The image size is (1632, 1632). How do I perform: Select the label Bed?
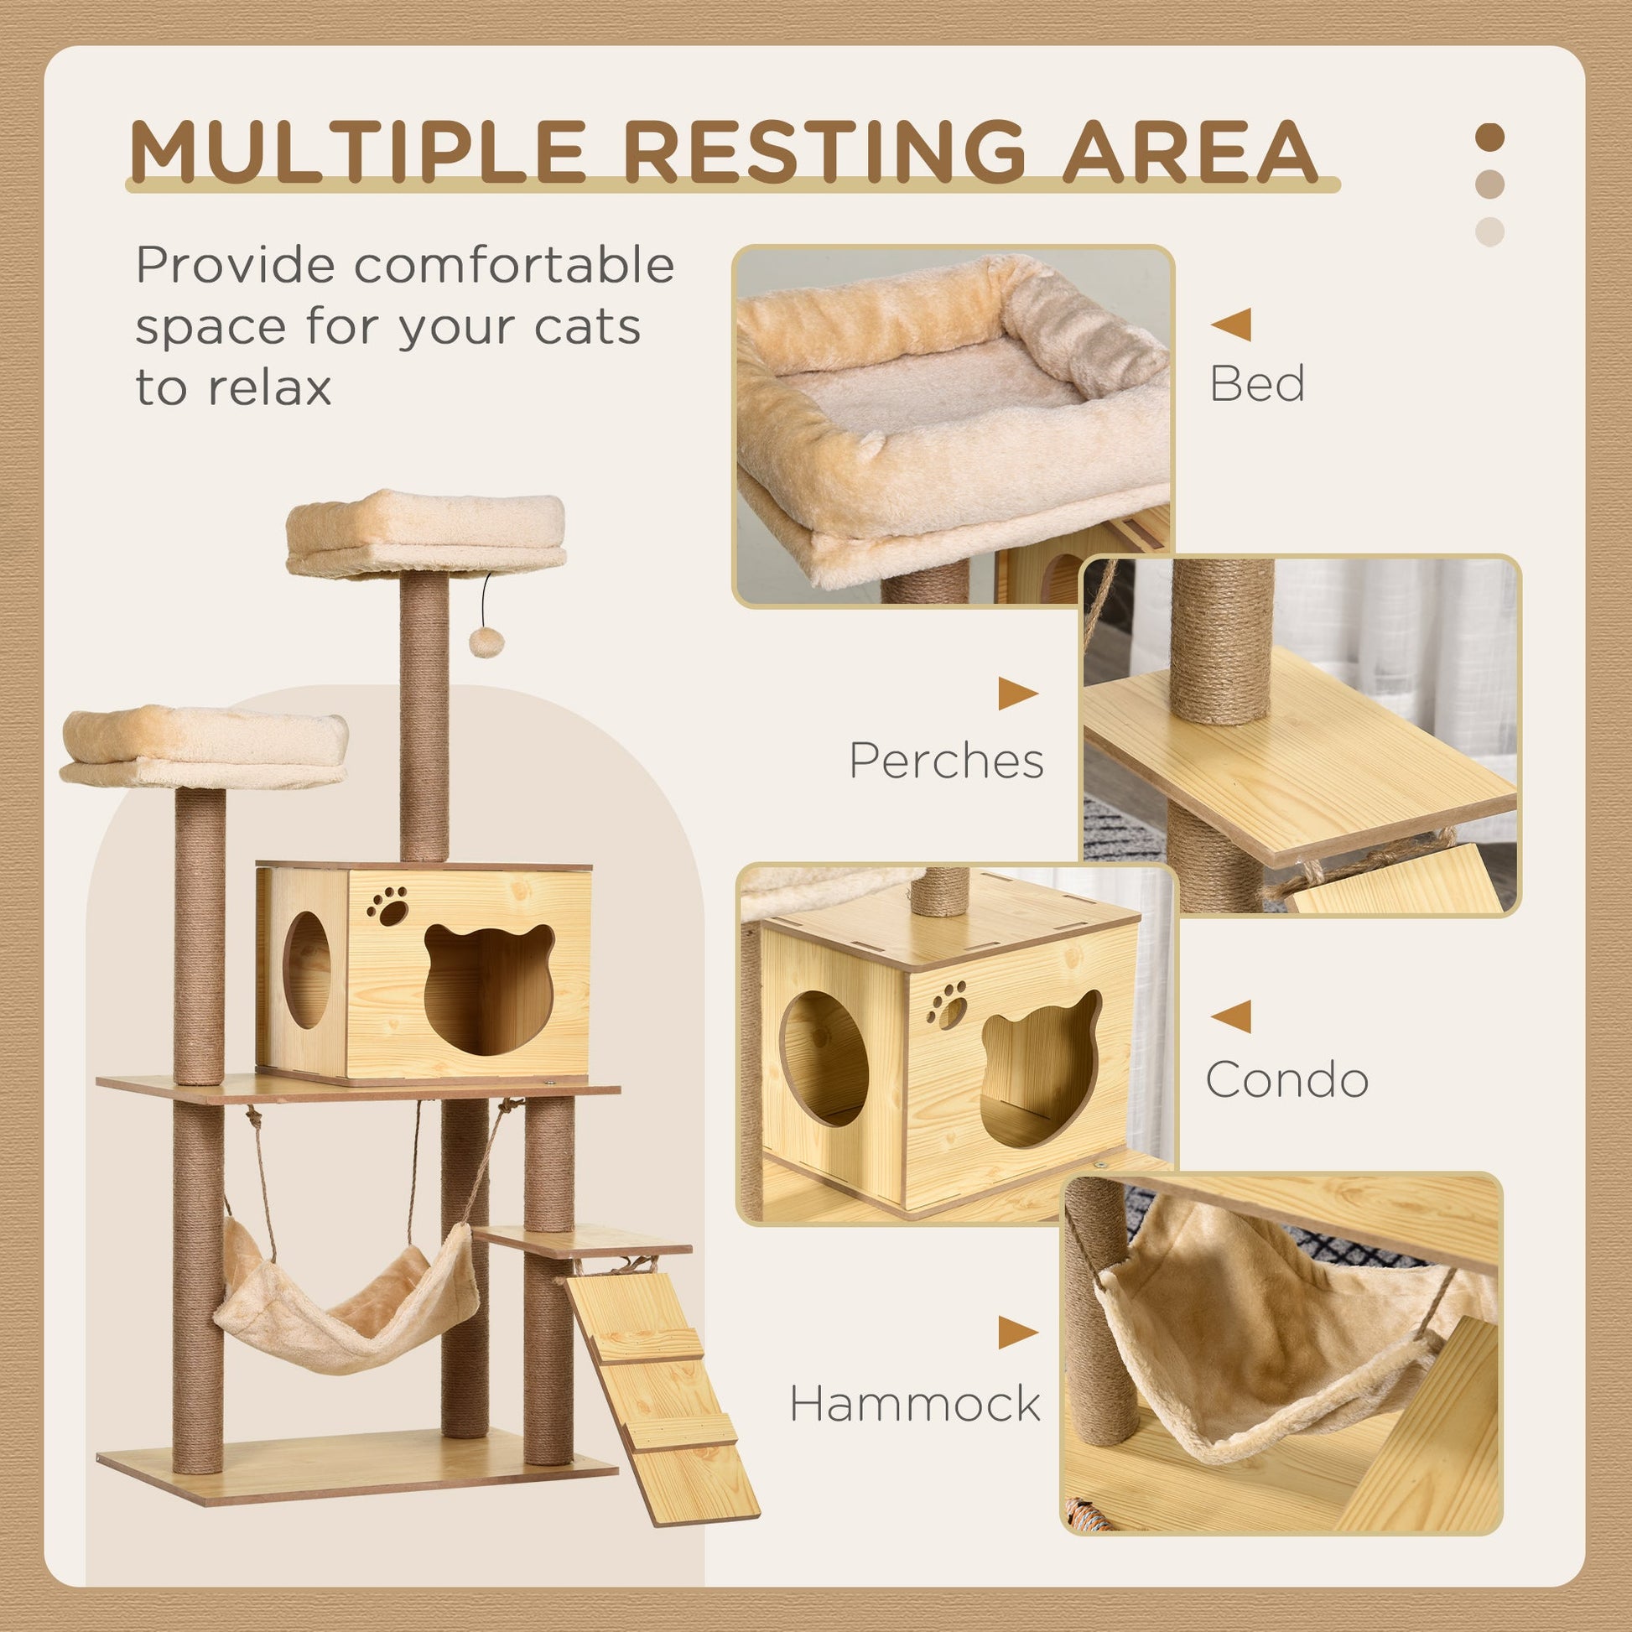pos(1256,383)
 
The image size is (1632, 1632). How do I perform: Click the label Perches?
pos(946,761)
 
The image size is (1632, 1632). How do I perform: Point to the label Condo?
pos(1286,1079)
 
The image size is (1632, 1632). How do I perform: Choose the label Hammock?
pos(915,1403)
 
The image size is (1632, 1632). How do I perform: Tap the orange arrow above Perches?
pos(1017,694)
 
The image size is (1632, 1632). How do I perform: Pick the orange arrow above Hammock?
pos(1017,1332)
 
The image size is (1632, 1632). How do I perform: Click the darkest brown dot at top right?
pos(1489,138)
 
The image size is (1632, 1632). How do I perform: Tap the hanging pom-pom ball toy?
pos(486,642)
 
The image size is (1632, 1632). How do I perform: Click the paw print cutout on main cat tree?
pos(387,906)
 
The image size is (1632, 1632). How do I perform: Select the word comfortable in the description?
pos(513,265)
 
